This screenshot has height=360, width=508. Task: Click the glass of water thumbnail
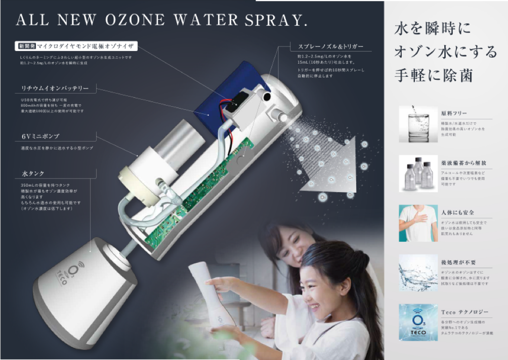tap(417, 124)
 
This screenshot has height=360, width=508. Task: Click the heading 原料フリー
tap(454, 113)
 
